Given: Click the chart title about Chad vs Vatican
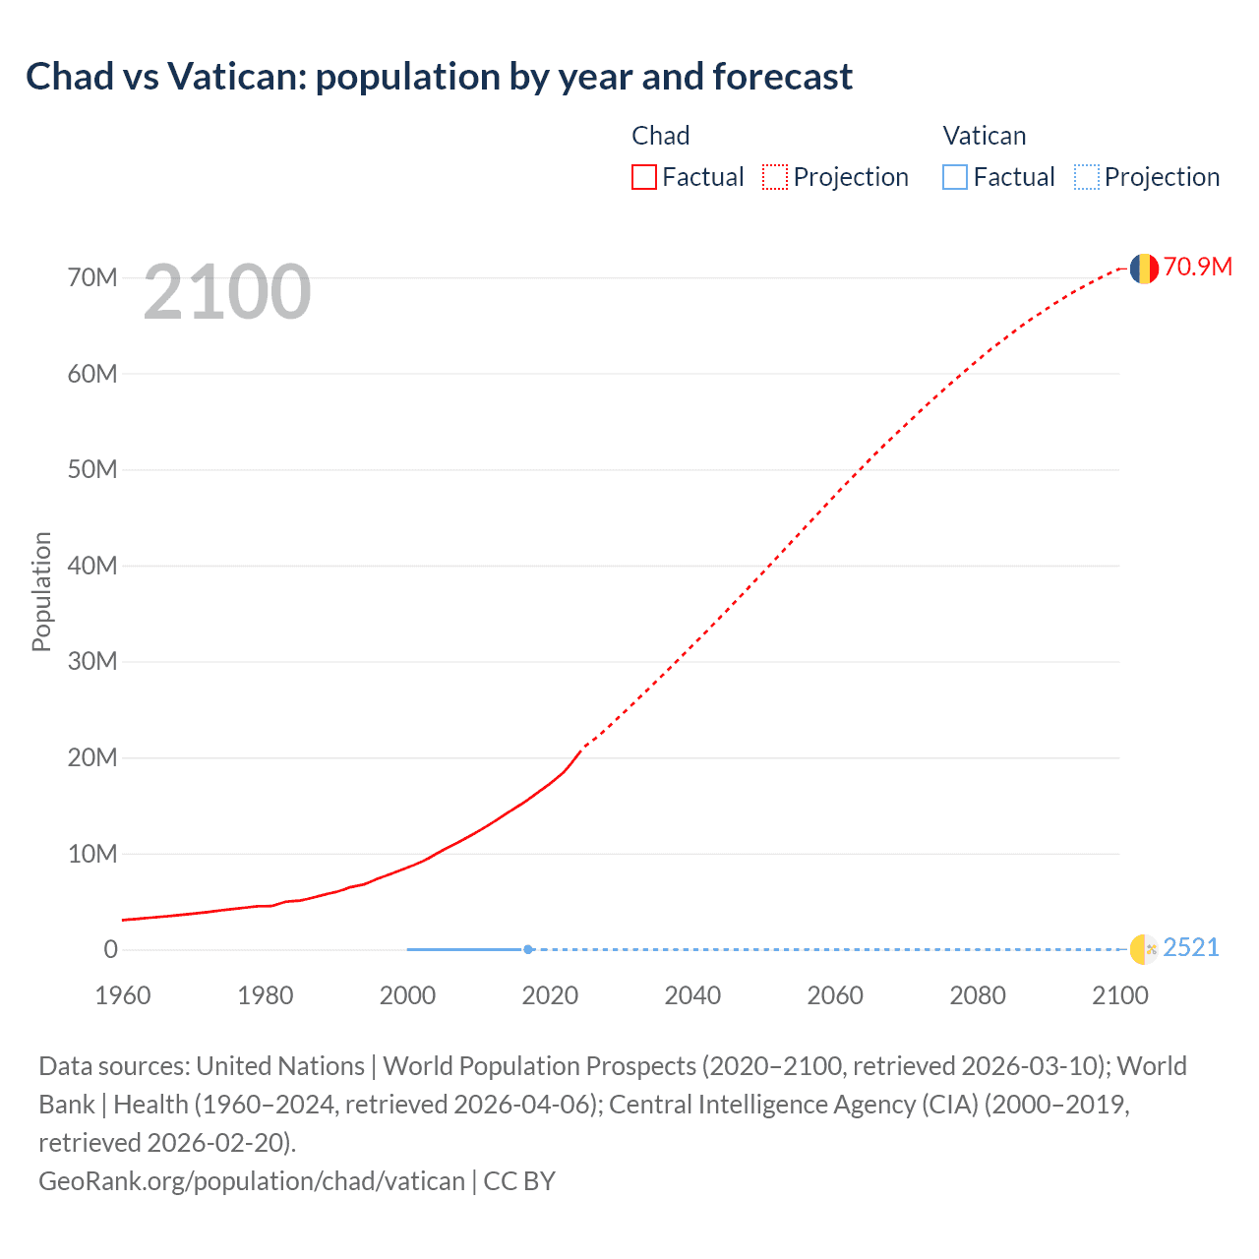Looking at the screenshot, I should coord(439,77).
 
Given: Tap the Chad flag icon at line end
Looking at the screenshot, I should coord(1143,268).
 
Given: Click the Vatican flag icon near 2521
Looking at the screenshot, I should coord(1143,949).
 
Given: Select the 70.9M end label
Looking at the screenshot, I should coord(1197,268).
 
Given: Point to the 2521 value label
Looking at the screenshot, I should coord(1190,948).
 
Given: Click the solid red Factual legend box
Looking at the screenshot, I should coord(644,177).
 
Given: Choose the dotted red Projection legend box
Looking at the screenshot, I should coord(775,177).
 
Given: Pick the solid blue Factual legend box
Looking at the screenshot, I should coord(955,177).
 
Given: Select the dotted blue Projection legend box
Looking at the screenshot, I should coord(1086,177).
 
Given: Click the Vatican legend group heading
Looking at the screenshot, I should coord(984,136).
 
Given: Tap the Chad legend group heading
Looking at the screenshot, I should coord(660,136).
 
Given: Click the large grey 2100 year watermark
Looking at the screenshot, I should coord(227,292).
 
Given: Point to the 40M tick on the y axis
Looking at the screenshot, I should coord(92,566).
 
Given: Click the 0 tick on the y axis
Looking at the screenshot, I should coord(110,949).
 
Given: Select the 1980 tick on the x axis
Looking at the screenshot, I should coord(265,995).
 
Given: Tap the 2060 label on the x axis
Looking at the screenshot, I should coord(834,995).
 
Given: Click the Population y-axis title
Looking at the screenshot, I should coord(41,591).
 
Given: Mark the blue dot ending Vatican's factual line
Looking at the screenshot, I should coord(528,949).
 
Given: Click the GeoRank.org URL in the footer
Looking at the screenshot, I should coord(251,1181).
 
